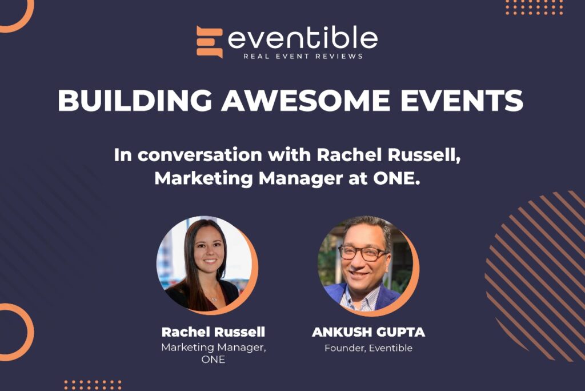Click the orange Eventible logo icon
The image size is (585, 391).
point(210,42)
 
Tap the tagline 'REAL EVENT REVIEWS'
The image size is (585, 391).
point(303,57)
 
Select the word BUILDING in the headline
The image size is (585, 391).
point(135,100)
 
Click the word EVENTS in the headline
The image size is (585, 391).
point(462,100)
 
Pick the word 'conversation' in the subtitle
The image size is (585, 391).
point(199,155)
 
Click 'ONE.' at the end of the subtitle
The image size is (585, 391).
point(396,178)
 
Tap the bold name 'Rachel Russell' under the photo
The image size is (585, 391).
point(214,332)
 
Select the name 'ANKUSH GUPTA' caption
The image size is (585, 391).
point(368,332)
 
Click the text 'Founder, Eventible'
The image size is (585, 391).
point(368,348)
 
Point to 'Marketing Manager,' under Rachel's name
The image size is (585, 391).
point(214,348)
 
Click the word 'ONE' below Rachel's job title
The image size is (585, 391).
point(214,359)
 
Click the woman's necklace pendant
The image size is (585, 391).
point(214,299)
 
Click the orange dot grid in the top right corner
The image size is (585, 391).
point(534,7)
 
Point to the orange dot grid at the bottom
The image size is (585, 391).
point(93,385)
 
